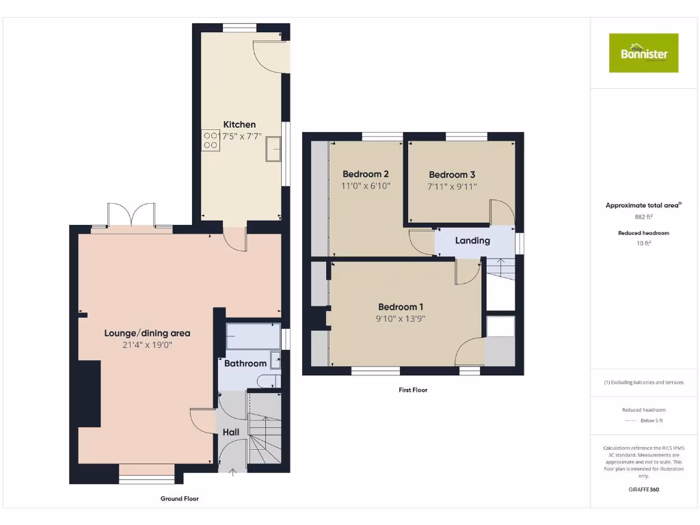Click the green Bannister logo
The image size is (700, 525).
click(x=643, y=53)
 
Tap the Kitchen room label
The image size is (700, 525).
click(x=239, y=124)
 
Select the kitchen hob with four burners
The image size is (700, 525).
click(x=211, y=140)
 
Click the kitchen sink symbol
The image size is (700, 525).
click(x=275, y=148)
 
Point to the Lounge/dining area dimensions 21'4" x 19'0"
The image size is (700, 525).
click(x=147, y=345)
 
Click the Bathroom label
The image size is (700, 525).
click(x=245, y=363)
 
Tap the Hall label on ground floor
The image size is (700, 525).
click(x=231, y=432)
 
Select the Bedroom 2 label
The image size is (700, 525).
click(x=366, y=174)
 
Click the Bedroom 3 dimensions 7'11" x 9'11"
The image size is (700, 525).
click(x=452, y=186)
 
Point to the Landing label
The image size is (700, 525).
click(x=472, y=241)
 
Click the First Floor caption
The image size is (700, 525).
click(x=413, y=390)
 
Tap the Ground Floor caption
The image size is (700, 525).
click(x=180, y=499)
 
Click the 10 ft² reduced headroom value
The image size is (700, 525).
click(x=643, y=243)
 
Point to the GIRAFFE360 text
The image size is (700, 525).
click(x=643, y=489)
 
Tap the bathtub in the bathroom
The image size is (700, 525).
click(x=253, y=337)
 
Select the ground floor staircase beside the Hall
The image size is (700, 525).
click(x=263, y=437)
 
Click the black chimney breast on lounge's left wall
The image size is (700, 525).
click(x=90, y=394)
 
